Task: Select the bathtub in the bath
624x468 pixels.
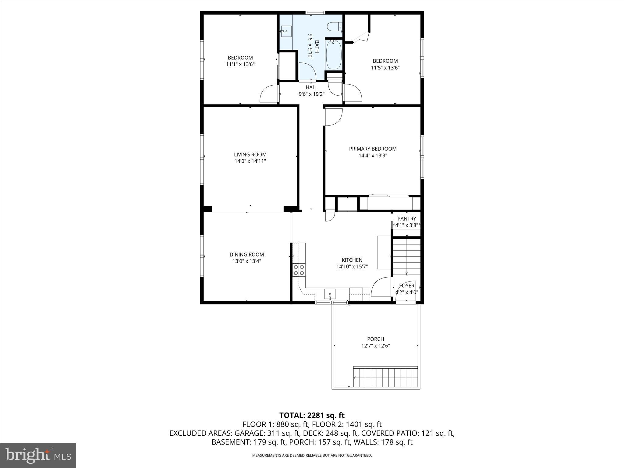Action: (334, 55)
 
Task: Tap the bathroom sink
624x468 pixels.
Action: (286, 31)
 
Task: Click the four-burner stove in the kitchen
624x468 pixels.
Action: (299, 270)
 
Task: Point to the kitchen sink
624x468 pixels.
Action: (330, 294)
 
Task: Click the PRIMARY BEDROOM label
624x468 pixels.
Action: (373, 149)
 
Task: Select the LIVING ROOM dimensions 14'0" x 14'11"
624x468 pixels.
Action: (250, 161)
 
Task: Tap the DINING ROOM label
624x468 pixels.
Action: (246, 254)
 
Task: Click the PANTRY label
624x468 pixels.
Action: (406, 218)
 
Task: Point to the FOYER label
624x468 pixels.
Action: (406, 285)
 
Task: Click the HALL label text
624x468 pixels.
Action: (311, 87)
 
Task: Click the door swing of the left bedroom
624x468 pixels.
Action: (269, 94)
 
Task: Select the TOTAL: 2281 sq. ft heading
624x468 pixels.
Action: (312, 415)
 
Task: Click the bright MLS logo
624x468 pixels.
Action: (38, 455)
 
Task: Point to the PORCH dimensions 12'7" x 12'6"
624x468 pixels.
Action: (375, 346)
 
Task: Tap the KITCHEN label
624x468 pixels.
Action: (352, 260)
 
